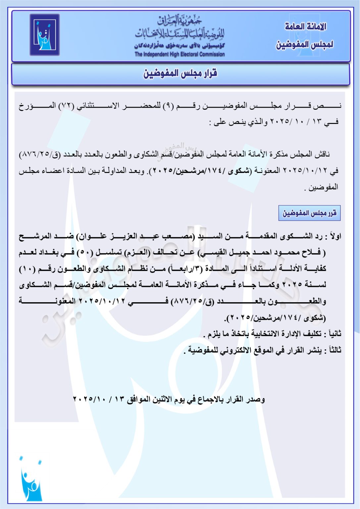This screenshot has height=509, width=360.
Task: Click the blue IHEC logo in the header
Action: [45, 34]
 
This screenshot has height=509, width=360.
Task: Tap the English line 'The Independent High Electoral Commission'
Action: [180, 54]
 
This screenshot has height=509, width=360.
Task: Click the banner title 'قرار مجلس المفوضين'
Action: [180, 73]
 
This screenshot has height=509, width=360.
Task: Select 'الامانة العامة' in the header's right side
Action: [305, 26]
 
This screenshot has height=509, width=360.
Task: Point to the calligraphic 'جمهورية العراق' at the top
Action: [180, 21]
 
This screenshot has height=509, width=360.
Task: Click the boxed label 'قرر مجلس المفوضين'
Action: [309, 213]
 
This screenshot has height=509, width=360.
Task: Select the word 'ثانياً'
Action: [333, 333]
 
